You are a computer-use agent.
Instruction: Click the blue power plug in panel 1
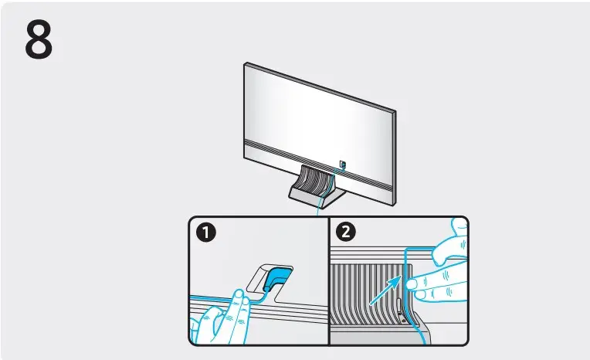click(x=277, y=277)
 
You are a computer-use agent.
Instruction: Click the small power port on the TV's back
click(x=342, y=164)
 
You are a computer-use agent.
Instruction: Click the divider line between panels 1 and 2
click(x=329, y=282)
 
